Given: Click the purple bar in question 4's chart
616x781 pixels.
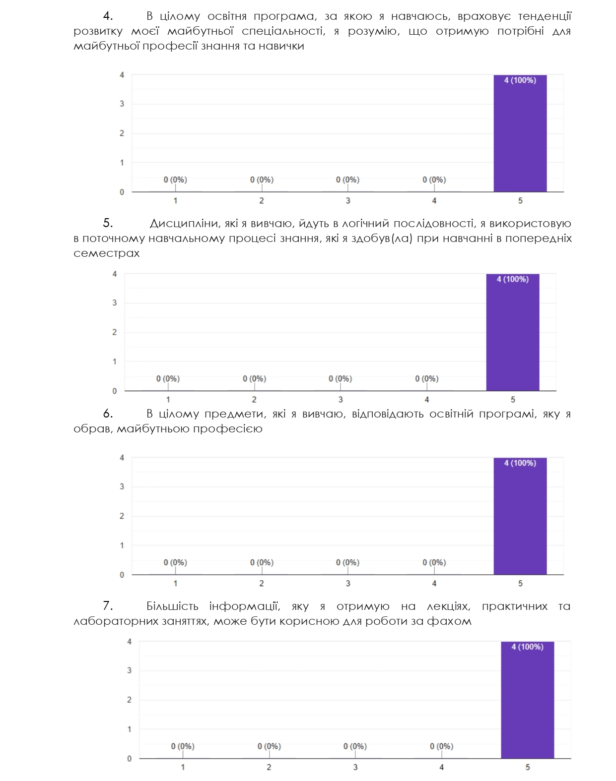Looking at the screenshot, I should pos(520,134).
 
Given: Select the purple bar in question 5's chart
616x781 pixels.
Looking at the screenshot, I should pos(512,333).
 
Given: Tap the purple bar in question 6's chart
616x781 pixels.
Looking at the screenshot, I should pos(520,517).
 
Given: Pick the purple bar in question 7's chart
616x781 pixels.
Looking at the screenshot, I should pos(527,700).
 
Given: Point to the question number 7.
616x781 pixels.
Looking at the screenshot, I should pos(108,606).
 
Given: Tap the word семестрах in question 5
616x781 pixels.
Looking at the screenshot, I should pos(107,253).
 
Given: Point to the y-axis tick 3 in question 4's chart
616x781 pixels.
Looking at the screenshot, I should pos(122,104).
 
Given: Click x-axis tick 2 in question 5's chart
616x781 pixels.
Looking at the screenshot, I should pos(254,400).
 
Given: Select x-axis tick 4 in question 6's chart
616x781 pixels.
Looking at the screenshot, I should pos(434,584).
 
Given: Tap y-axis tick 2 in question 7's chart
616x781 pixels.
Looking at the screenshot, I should pos(130,700).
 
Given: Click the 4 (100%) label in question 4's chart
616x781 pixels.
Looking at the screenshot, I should pos(520,80).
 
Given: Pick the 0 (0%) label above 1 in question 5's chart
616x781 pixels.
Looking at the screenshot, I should pos(168,379).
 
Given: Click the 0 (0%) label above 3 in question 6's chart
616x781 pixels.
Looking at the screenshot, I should pos(347,562).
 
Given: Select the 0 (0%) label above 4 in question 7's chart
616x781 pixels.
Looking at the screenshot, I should pos(441,746).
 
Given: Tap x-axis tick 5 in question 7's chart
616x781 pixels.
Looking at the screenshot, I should pos(527,768).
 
